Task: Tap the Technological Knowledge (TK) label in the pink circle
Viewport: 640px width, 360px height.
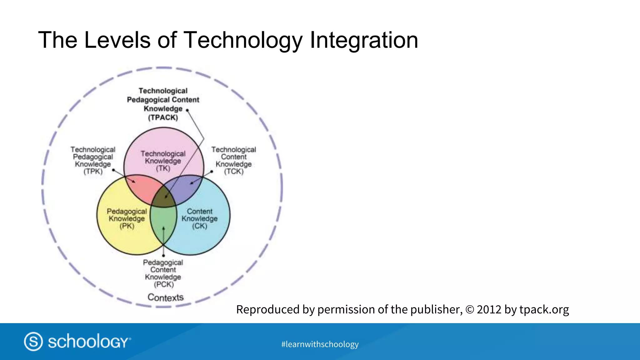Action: (x=163, y=161)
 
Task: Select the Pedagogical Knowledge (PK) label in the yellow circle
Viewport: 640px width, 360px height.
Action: (x=127, y=219)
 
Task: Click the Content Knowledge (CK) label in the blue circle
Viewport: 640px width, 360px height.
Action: (x=200, y=219)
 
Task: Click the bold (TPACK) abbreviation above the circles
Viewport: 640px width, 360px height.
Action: (x=163, y=117)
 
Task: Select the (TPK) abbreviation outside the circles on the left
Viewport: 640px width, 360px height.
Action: (x=93, y=172)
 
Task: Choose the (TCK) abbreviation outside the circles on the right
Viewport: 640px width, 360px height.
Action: (x=234, y=172)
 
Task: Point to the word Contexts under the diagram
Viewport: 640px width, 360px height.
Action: (x=165, y=297)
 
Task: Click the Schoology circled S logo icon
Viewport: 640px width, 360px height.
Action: (x=33, y=341)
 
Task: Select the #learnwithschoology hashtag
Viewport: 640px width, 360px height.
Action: (x=320, y=344)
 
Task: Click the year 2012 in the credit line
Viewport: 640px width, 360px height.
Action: (x=489, y=309)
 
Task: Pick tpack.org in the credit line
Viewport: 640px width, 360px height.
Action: (x=544, y=309)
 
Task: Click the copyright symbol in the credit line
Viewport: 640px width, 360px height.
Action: (x=470, y=310)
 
